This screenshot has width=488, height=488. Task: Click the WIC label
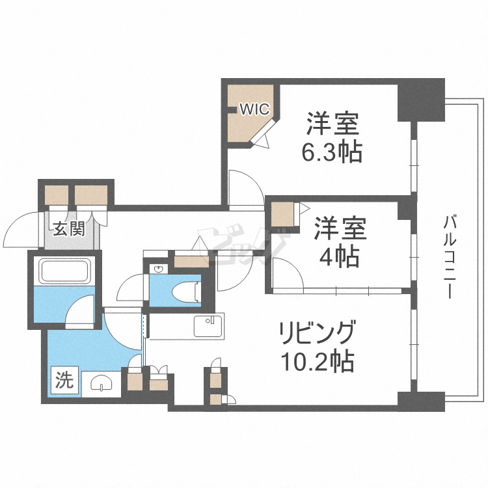click(253, 109)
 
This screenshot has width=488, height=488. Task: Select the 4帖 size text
click(339, 257)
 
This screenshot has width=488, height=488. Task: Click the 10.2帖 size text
click(317, 361)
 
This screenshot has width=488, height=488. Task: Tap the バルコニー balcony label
click(448, 256)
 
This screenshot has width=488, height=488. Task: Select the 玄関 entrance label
click(68, 228)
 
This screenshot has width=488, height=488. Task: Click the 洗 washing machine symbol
click(64, 379)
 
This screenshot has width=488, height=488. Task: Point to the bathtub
click(63, 271)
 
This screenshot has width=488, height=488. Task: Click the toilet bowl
click(187, 291)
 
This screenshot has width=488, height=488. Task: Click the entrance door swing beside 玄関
click(25, 228)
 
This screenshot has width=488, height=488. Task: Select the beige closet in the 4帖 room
click(282, 213)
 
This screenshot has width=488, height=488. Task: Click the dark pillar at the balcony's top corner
click(420, 99)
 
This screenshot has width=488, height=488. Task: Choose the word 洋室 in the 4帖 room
click(339, 230)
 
